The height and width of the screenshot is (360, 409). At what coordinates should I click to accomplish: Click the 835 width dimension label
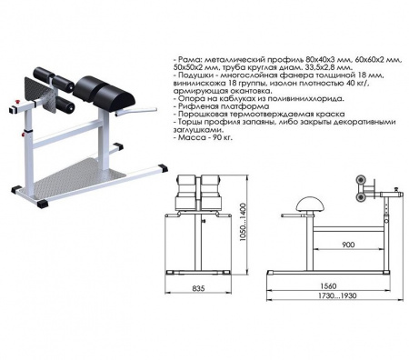198,288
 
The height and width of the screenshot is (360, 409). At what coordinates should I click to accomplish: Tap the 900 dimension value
348,245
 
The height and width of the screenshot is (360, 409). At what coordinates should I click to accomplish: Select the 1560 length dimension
327,285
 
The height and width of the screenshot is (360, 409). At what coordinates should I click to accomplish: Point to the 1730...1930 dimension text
337,295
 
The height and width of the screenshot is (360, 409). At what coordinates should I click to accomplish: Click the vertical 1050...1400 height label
243,222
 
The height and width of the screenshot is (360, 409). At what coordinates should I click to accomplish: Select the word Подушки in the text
194,75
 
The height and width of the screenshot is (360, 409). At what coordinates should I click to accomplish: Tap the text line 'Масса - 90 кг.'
203,138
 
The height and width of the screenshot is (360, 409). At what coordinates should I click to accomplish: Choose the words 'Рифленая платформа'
224,106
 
